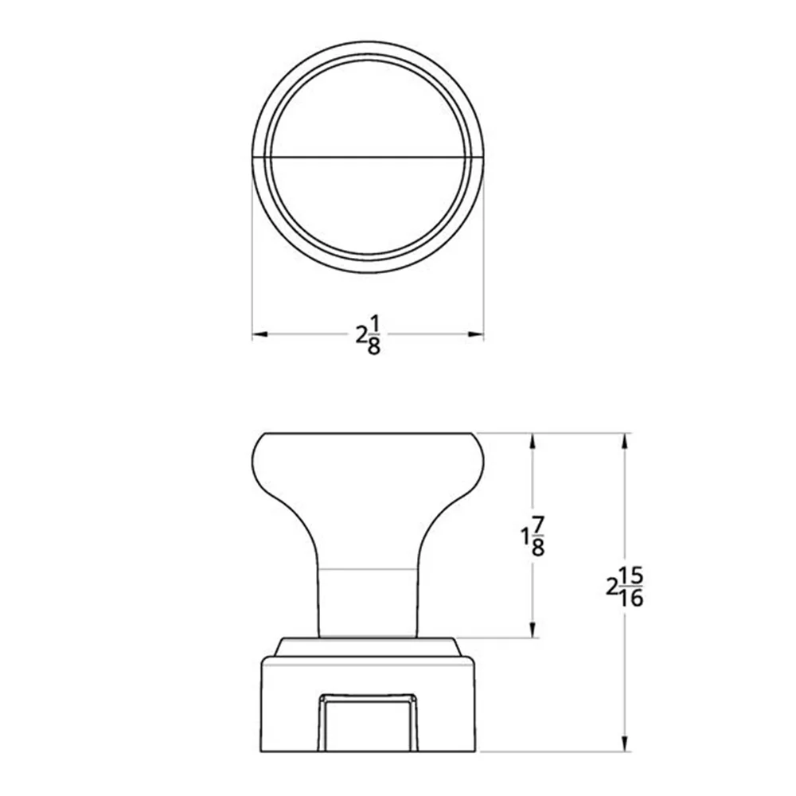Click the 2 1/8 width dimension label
[x=368, y=335]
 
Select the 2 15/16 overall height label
[x=625, y=588]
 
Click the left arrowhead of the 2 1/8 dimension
[x=260, y=334]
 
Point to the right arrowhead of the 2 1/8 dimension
[x=476, y=334]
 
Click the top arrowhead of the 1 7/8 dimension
[x=532, y=441]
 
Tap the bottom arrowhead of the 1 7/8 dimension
[x=532, y=630]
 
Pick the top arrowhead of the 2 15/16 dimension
[x=624, y=441]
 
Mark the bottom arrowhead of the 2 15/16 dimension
[x=624, y=743]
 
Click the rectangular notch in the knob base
[x=368, y=723]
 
